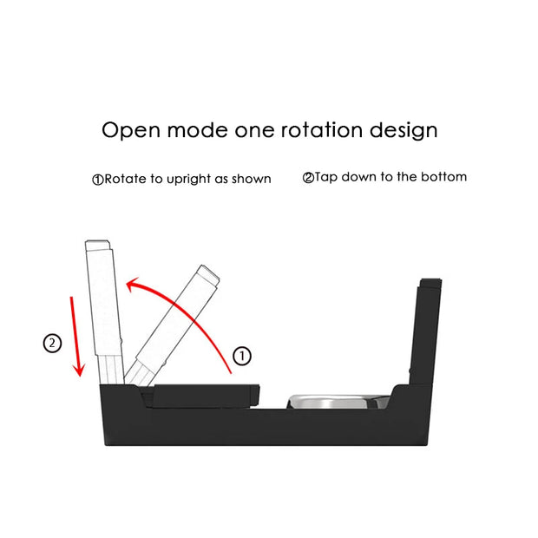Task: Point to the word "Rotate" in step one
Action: coord(125,179)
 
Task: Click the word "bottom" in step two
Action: coord(443,177)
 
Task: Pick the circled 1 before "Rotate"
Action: coord(98,180)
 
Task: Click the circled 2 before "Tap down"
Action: coord(308,178)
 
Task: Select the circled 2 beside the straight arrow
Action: coord(53,343)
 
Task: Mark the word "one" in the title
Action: coord(258,131)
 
